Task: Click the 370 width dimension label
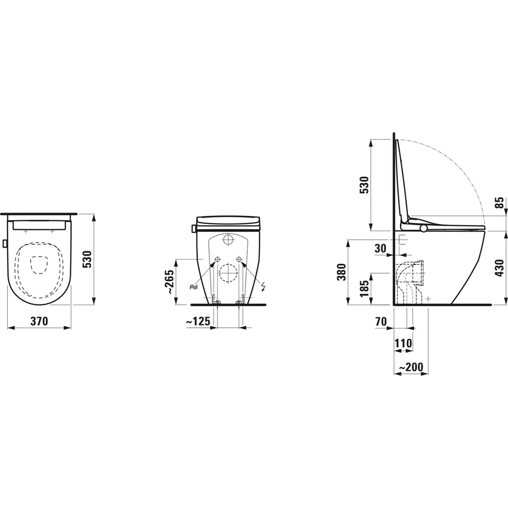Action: (x=39, y=321)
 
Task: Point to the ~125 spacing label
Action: (x=198, y=321)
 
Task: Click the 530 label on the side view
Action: (x=364, y=185)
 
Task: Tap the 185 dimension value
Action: (x=363, y=289)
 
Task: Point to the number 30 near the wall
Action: (x=381, y=248)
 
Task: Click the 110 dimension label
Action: (x=403, y=343)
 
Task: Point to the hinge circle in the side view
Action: (x=423, y=229)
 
